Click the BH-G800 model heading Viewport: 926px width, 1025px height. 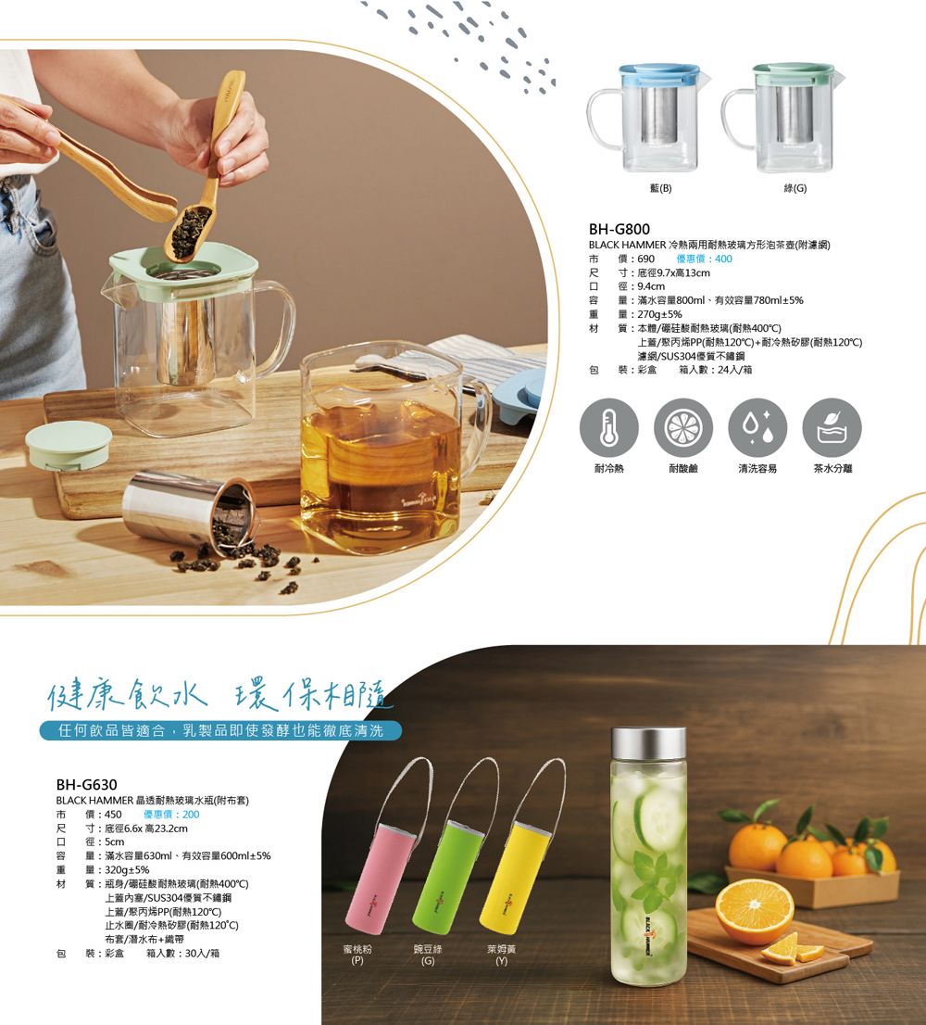point(619,229)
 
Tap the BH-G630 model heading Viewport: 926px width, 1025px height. point(86,784)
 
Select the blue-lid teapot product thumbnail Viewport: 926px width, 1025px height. point(648,119)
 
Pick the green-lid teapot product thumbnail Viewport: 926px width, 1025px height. point(782,119)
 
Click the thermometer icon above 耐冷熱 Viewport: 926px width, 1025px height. point(608,427)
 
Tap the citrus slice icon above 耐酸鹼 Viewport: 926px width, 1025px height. point(683,427)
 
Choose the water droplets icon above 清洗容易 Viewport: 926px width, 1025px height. point(757,427)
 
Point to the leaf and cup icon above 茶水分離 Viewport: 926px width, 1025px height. point(832,427)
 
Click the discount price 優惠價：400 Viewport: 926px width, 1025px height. point(704,259)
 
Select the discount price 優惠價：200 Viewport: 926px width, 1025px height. point(171,815)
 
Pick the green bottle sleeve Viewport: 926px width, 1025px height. point(447,876)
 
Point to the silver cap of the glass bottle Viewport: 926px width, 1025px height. point(648,743)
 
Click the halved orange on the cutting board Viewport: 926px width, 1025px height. point(755,912)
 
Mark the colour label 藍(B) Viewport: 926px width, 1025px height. point(661,188)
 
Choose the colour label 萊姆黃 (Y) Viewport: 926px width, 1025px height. point(502,955)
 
